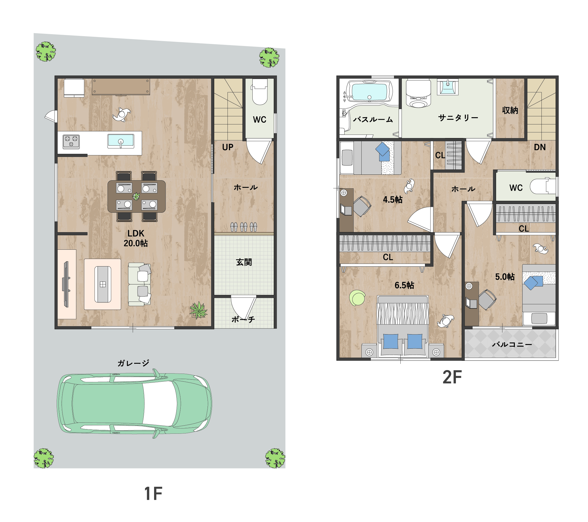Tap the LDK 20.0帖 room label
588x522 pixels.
pos(136,238)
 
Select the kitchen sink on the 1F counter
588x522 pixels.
pos(121,141)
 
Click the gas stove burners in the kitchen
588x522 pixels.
pos(71,142)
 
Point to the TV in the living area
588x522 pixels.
pos(66,284)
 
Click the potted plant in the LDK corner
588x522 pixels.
pos(199,310)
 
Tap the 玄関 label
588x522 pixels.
pos(244,262)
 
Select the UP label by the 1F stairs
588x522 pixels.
pos(228,147)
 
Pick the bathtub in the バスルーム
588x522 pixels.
pos(369,91)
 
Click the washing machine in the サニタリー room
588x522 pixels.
pos(418,93)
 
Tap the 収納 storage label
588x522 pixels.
pos(510,110)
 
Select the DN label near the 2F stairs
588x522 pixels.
pos(540,147)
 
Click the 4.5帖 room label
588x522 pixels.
pos(393,200)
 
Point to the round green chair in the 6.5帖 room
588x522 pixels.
pos(357,298)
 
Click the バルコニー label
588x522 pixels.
pos(512,344)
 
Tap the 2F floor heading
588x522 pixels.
pos(452,377)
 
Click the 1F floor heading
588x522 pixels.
pos(153,494)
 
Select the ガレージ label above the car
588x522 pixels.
pos(133,363)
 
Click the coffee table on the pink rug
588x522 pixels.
pos(103,284)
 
